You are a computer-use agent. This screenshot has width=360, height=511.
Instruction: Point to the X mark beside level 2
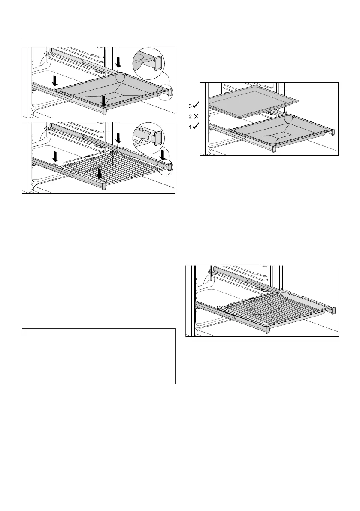click(x=195, y=116)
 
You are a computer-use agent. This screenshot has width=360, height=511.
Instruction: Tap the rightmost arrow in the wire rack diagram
click(x=163, y=155)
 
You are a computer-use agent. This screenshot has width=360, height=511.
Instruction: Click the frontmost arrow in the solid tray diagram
click(x=103, y=101)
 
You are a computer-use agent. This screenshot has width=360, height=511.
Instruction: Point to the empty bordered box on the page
click(x=99, y=356)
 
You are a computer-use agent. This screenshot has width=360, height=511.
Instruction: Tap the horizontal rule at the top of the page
click(x=180, y=38)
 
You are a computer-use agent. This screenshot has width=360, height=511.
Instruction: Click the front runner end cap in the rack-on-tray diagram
click(x=268, y=330)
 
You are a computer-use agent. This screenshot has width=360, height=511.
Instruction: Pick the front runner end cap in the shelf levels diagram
click(x=274, y=149)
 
